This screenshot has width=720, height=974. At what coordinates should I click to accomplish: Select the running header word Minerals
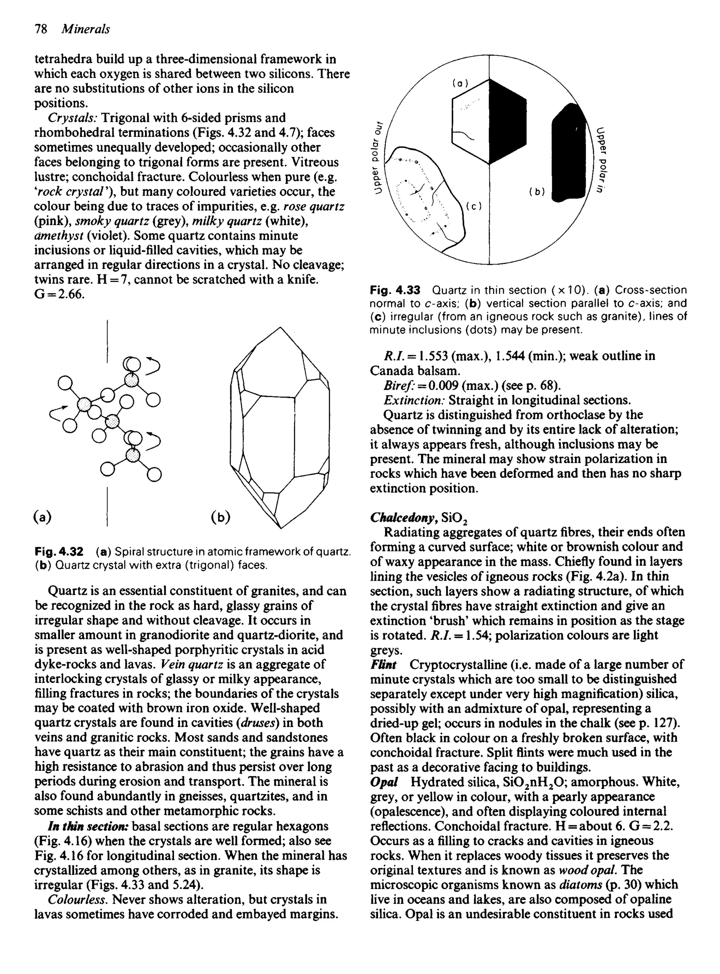click(85, 29)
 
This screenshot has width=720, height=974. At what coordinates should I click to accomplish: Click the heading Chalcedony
click(404, 517)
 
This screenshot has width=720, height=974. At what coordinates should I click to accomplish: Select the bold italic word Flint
click(384, 665)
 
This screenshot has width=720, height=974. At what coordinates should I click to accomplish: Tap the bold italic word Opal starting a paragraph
click(384, 782)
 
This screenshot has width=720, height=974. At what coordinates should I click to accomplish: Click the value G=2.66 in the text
click(59, 294)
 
